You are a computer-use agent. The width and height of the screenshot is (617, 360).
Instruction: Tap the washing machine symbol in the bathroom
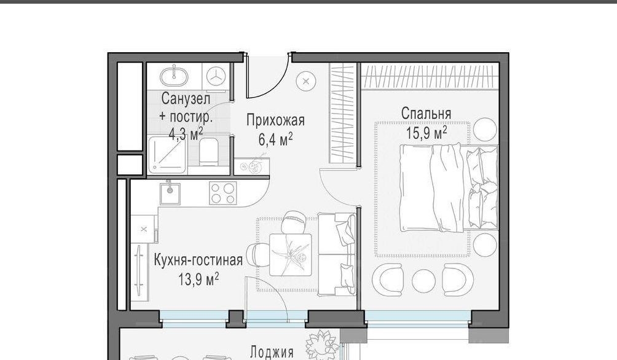[216, 76]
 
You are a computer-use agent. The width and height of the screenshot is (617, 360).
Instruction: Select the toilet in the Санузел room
[208, 152]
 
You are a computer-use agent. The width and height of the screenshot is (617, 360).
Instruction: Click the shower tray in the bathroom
[168, 155]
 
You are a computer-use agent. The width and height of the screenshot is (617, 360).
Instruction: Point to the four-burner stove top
[223, 193]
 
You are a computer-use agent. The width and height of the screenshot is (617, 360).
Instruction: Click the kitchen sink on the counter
[170, 193]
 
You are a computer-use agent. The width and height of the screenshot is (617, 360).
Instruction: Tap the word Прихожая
[275, 120]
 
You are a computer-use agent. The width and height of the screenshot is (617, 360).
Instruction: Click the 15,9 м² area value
[426, 133]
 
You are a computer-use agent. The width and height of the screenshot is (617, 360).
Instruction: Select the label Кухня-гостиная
[198, 260]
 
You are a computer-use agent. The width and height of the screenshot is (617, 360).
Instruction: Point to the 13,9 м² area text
[198, 280]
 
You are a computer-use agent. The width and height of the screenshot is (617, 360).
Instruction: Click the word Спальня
[426, 114]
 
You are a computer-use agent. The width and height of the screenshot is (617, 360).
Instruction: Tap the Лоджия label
[272, 352]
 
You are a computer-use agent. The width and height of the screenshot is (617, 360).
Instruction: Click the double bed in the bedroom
[449, 188]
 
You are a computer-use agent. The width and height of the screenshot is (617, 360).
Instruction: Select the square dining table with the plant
[291, 254]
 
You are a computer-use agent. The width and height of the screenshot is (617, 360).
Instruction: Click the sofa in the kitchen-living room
[337, 254]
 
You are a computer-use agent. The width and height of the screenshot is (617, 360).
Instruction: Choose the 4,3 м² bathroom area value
[186, 134]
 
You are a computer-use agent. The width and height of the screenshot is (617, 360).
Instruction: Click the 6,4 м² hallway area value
[275, 139]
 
